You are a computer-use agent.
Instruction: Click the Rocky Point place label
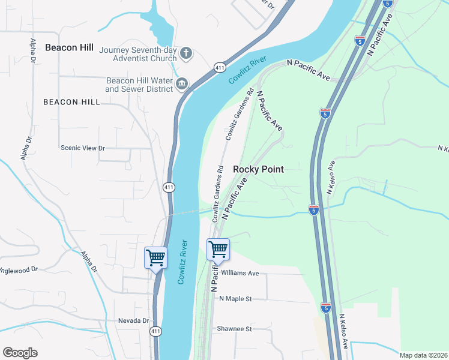tap(258, 169)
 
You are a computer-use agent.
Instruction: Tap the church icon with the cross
tap(186, 53)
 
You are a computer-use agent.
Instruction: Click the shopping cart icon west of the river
tap(156, 258)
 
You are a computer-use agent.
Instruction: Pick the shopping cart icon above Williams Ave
tap(218, 249)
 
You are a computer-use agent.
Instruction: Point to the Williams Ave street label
tap(240, 273)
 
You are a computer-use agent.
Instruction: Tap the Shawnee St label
tap(234, 329)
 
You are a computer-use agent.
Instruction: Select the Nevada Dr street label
tap(133, 320)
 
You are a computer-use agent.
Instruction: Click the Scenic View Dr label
tap(82, 148)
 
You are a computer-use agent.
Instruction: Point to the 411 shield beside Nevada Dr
tap(155, 331)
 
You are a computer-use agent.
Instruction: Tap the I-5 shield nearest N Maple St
tap(325, 308)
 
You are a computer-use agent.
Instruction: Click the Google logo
tap(20, 353)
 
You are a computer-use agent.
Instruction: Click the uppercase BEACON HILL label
tap(71, 102)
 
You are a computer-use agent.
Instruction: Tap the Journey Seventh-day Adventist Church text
tap(138, 54)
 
